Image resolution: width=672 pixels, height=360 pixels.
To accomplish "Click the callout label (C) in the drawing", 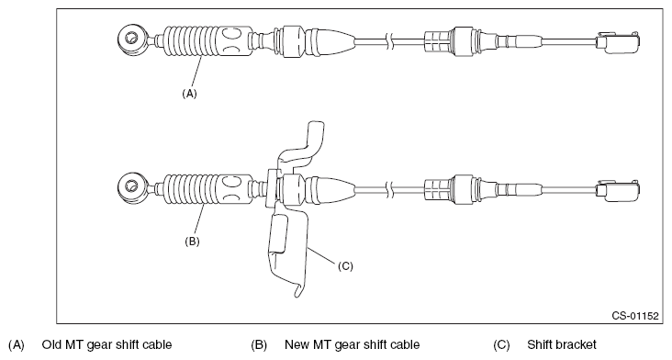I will pos(345,266).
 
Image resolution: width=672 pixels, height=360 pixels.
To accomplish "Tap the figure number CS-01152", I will pos(636,315).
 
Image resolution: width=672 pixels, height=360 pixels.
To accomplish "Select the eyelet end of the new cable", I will pos(130,189).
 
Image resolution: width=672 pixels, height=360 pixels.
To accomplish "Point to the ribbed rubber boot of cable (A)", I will pos(195,42).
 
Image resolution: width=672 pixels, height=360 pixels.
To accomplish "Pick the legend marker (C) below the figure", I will pos(501,345).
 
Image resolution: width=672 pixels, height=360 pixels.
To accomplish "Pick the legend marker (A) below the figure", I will pos(16,345).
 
